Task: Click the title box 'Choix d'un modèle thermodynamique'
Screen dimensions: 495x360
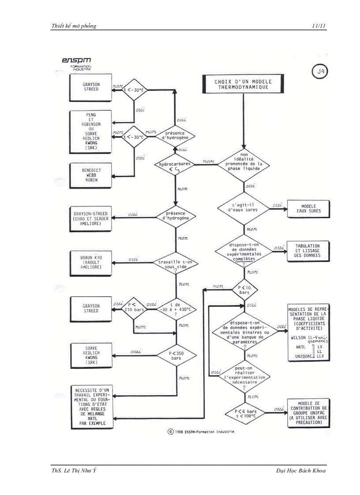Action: (243, 84)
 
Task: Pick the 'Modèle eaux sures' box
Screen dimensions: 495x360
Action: (308, 208)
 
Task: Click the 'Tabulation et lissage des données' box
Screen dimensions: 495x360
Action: (308, 250)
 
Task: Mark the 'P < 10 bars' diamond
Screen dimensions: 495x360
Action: (244, 290)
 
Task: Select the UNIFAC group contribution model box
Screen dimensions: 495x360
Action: (308, 413)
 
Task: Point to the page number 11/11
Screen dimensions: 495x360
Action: (319, 26)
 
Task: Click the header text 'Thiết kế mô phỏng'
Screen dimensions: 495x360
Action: (74, 26)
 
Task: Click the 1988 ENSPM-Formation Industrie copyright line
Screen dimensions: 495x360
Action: (201, 432)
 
